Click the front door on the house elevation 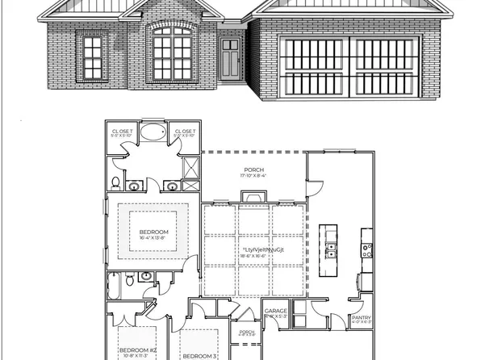(x=229, y=56)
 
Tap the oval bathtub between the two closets (x=153, y=133)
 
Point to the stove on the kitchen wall (x=366, y=249)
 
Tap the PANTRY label (x=361, y=318)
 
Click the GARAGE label (x=275, y=310)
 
